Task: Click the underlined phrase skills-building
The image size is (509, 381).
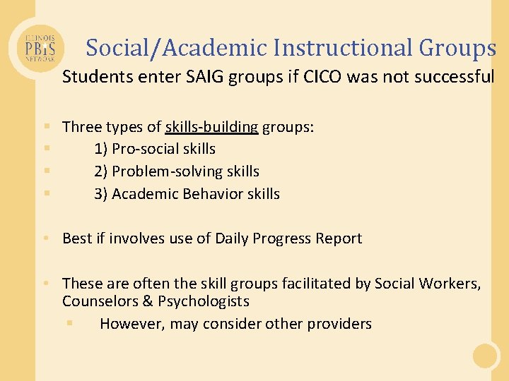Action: point(212,127)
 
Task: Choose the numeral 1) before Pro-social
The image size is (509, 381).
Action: point(101,149)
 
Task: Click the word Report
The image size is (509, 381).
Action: point(335,238)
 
